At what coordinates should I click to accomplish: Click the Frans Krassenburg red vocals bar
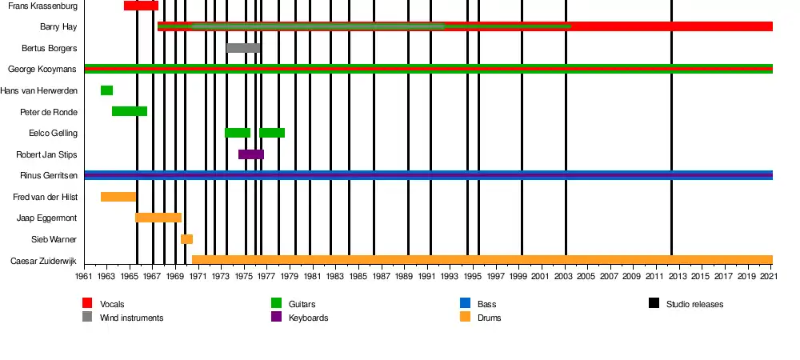(x=141, y=6)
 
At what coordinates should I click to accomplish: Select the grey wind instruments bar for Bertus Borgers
(x=243, y=48)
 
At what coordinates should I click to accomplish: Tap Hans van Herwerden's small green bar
(x=106, y=90)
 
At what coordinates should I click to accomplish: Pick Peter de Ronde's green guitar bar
(x=129, y=111)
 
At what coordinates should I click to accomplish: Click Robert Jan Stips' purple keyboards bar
(x=251, y=154)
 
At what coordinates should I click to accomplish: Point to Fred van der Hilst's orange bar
(x=118, y=197)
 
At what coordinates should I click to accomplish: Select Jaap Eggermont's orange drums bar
(x=158, y=218)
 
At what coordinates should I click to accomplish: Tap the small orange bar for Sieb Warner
(x=186, y=239)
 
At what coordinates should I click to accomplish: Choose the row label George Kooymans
(x=42, y=70)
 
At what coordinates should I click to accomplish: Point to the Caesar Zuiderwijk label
(x=44, y=261)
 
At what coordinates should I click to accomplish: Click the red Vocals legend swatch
(x=87, y=303)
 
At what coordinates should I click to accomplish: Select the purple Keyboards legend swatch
(x=276, y=317)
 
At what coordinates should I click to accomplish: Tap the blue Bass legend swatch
(x=465, y=303)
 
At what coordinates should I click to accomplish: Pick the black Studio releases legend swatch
(x=654, y=303)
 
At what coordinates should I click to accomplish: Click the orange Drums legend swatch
(x=465, y=317)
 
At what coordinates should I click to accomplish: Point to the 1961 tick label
(x=84, y=276)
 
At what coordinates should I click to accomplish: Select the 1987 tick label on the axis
(x=382, y=276)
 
